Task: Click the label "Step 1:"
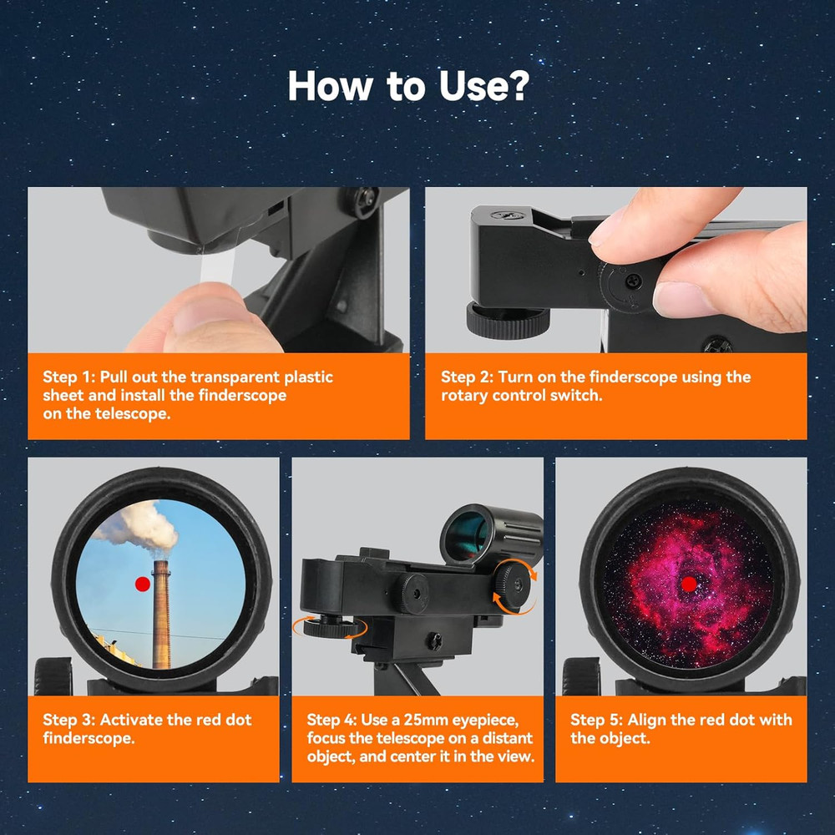point(69,377)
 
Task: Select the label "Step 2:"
point(467,377)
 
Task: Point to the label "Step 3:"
point(69,720)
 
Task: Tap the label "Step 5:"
point(596,720)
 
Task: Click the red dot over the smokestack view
point(143,584)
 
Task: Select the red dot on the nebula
point(689,584)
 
